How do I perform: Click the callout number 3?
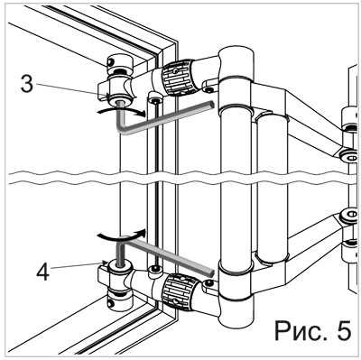tap(27, 84)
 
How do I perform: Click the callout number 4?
tap(42, 272)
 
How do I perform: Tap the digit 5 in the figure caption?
tap(344, 330)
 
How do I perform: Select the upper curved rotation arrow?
tap(121, 112)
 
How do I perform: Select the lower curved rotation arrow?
tap(121, 235)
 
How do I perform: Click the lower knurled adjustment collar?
tap(180, 291)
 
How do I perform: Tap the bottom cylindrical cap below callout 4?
tap(120, 300)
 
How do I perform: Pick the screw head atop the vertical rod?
tap(155, 100)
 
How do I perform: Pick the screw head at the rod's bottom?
tap(155, 268)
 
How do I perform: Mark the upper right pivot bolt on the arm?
tap(350, 156)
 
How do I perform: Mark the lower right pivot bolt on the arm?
tap(350, 216)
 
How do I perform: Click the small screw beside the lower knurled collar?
tap(208, 282)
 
